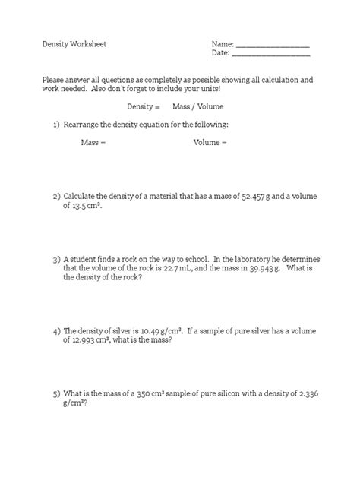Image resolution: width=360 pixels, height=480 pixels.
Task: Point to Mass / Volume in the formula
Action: (198, 106)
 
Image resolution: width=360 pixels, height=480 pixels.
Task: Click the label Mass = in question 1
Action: (93, 142)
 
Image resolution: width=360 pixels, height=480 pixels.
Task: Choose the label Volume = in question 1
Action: (210, 142)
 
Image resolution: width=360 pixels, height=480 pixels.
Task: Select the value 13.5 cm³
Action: (86, 206)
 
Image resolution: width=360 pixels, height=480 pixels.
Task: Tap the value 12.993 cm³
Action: (94, 341)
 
